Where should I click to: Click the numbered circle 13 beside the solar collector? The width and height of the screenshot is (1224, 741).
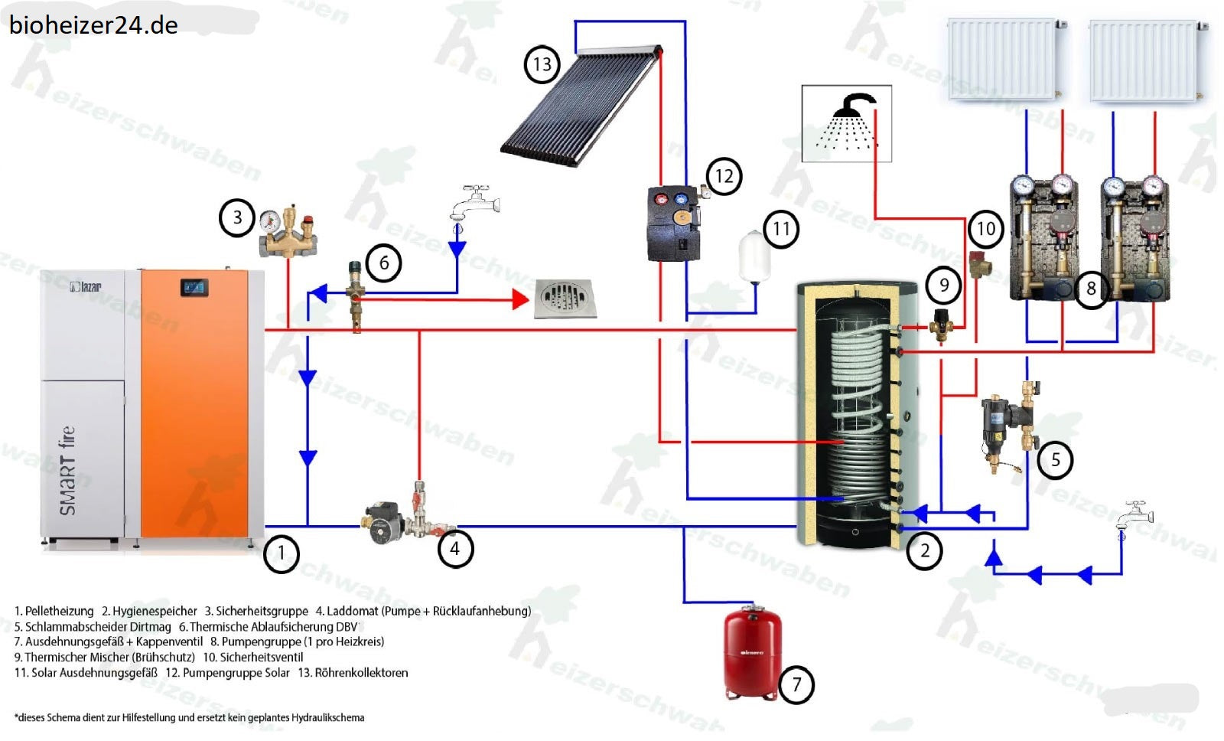click(x=542, y=64)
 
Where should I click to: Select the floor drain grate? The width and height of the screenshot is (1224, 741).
click(x=564, y=299)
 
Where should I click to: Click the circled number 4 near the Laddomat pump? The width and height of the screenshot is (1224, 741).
click(x=454, y=548)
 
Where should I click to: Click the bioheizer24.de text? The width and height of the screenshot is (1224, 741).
click(x=93, y=24)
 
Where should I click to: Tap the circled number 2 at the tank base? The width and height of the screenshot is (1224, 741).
click(x=925, y=550)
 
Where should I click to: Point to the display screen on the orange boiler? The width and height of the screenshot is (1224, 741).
click(x=194, y=288)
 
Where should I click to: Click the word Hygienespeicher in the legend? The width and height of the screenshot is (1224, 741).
click(x=155, y=611)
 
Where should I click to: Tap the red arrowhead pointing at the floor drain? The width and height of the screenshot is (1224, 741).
click(x=520, y=299)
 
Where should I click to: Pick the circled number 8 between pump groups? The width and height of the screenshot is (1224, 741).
click(x=1091, y=289)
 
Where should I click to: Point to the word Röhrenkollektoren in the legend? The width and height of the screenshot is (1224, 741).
click(x=361, y=673)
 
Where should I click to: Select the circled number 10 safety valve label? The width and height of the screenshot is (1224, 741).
click(x=985, y=228)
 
